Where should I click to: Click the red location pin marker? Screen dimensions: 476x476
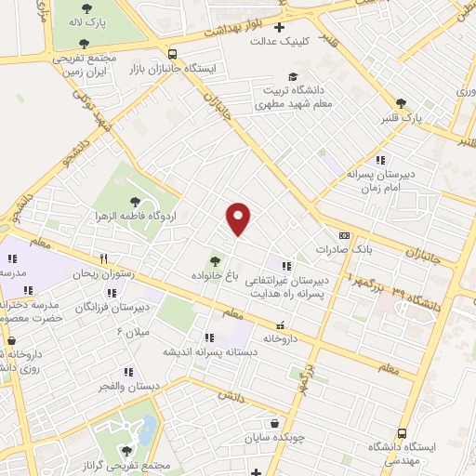pos(239,218)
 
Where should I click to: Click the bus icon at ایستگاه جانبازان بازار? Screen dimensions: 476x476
pos(173,54)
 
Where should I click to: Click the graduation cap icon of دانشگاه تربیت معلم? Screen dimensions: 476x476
pos(295,76)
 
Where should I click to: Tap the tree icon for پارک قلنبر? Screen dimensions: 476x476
pos(401,103)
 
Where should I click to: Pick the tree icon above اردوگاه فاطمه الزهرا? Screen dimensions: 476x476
pos(136,201)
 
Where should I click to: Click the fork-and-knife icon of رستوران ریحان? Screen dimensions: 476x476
pos(105,260)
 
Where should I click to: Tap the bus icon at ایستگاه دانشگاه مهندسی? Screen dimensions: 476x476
pos(403,433)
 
